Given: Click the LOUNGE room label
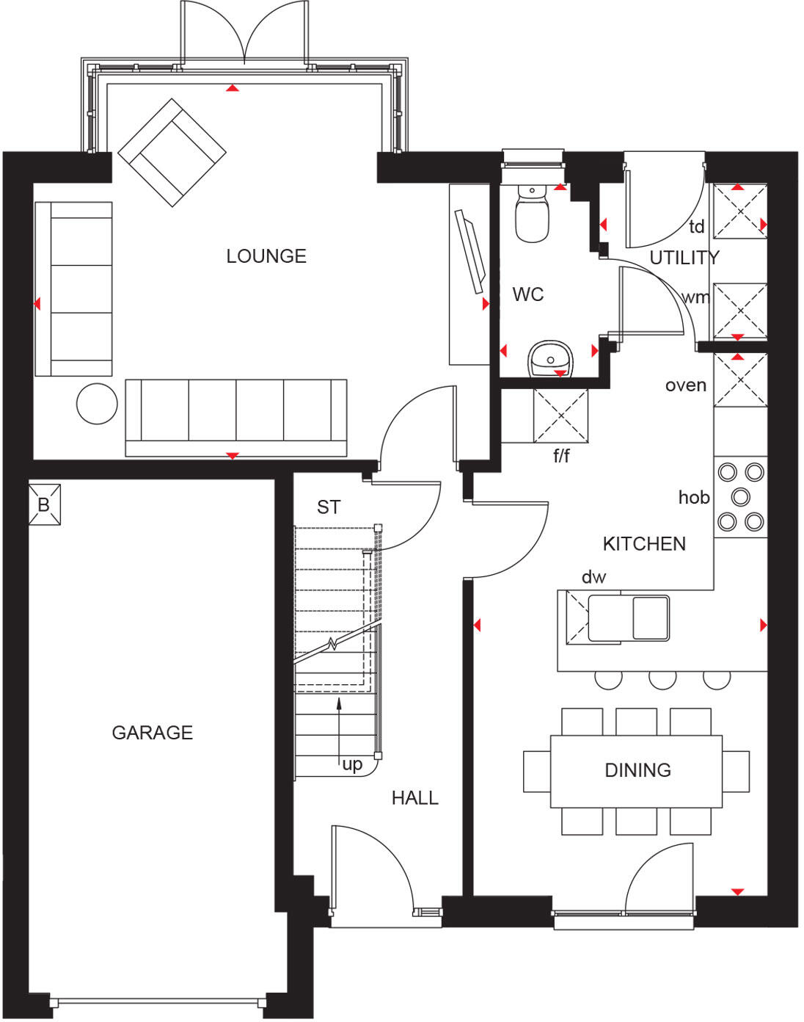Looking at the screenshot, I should point(266,256).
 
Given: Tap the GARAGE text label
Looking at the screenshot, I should point(153,732).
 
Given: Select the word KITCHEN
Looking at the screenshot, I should point(644,544).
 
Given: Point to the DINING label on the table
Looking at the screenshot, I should point(637,770).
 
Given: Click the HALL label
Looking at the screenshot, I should point(414,798).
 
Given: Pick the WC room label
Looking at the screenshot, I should point(527,294).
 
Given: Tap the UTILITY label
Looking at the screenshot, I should point(684,258).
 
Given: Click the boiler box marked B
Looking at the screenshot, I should point(44,505).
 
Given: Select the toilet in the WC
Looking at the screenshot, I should point(532,214).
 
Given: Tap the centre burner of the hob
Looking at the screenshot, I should point(741,496).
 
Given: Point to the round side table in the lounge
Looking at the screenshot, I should point(97,403).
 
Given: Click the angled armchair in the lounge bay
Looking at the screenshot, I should point(172,153).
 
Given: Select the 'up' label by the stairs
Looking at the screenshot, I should point(352,764).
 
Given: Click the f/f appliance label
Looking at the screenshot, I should point(561,457).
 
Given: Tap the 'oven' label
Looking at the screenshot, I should point(685,385).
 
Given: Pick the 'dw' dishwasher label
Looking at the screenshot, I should point(593,577).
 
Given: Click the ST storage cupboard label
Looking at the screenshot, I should point(329,507).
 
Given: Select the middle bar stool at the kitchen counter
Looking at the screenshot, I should point(662,679).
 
